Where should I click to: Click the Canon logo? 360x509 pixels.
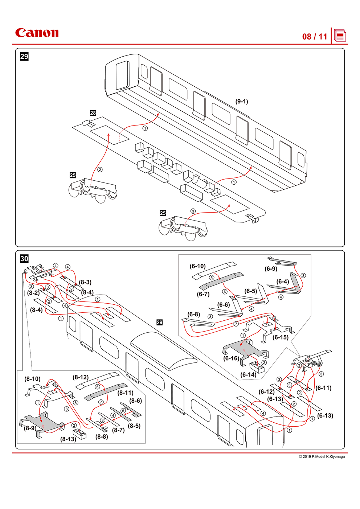(x=37, y=33)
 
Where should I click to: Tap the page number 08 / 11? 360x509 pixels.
(x=314, y=37)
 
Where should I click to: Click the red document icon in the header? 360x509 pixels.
(x=340, y=36)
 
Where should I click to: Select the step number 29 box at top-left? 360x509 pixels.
(x=24, y=57)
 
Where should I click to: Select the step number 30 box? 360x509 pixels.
(x=24, y=259)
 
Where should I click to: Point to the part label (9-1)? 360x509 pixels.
(x=242, y=102)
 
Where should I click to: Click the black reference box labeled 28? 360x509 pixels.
(x=93, y=113)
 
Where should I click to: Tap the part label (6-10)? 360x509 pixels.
(x=197, y=266)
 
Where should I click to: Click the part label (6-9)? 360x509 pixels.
(x=271, y=269)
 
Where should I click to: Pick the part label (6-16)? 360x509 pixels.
(x=231, y=358)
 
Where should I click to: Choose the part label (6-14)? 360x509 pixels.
(x=248, y=374)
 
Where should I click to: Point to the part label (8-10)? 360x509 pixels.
(x=32, y=379)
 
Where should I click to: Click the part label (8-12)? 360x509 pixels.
(x=81, y=377)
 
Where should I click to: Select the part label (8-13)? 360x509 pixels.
(x=68, y=439)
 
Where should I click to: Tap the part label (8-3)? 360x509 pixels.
(x=85, y=282)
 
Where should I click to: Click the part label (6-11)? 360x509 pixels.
(x=323, y=388)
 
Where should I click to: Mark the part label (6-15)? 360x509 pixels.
(x=281, y=337)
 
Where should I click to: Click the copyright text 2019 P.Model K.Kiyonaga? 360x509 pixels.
(x=322, y=456)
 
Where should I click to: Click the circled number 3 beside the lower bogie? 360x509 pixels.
(x=193, y=211)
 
